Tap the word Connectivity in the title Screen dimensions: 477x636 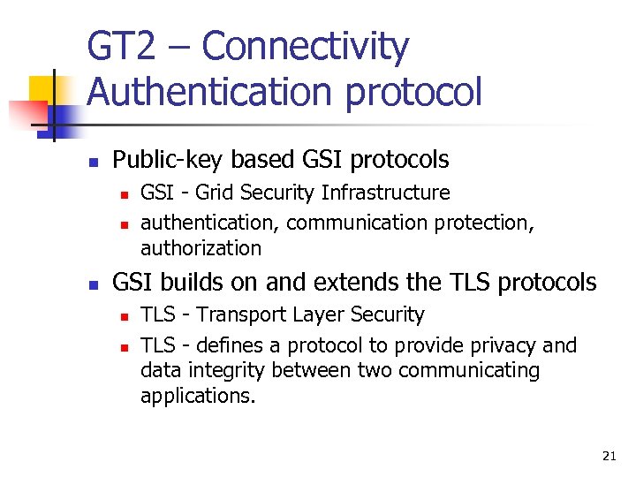pos(305,47)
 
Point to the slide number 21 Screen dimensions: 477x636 pos(609,456)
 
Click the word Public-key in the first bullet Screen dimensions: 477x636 pos(168,160)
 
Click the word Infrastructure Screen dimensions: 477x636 pos(386,193)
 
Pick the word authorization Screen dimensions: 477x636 pos(201,248)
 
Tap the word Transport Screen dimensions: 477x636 pos(238,314)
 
